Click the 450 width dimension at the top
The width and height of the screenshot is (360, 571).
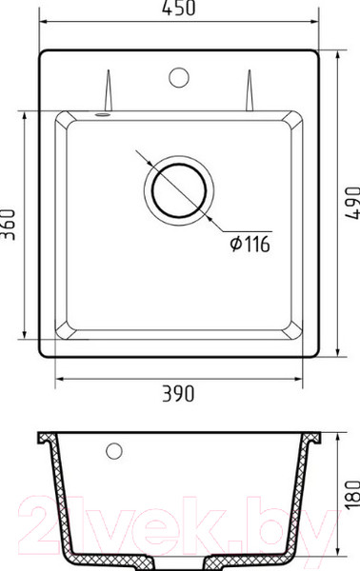coord(180,9)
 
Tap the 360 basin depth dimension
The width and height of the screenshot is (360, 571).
coord(10,224)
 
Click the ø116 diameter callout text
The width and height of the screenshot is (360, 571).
coord(250,246)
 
